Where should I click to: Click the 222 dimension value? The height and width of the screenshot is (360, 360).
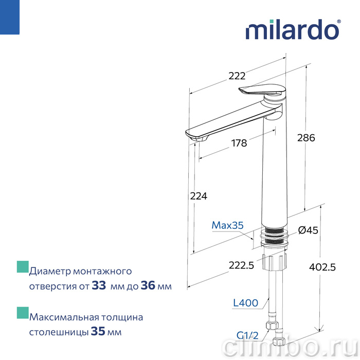click(237, 76)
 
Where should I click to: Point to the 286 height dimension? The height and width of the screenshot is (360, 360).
click(306, 138)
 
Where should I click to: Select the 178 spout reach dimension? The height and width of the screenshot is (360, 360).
click(239, 143)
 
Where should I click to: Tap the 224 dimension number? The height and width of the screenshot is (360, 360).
click(199, 196)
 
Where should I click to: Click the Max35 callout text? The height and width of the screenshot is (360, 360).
click(227, 225)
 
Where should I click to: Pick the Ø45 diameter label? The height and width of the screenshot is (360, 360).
click(308, 230)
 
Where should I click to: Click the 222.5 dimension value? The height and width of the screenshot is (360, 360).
click(241, 265)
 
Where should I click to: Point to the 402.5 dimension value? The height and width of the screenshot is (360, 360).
click(322, 267)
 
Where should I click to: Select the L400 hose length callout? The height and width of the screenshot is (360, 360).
click(245, 303)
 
